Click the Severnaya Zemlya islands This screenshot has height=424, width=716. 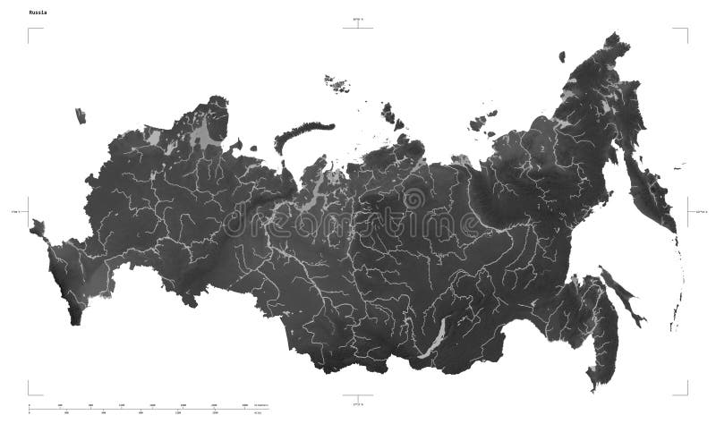point(390,113)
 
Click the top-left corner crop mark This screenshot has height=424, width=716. point(32,33)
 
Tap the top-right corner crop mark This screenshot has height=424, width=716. point(684,33)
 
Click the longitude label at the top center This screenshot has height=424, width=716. point(358,19)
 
